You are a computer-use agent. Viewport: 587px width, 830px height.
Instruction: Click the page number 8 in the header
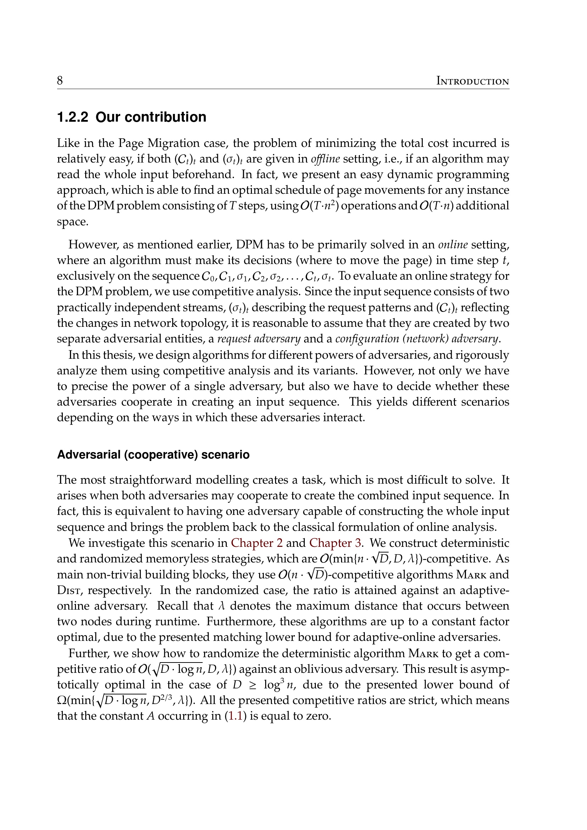(60, 80)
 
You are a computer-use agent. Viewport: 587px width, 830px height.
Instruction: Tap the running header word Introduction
(472, 81)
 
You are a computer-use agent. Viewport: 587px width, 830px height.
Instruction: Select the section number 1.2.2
(73, 117)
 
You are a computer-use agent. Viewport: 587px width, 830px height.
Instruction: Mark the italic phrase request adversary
(259, 339)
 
